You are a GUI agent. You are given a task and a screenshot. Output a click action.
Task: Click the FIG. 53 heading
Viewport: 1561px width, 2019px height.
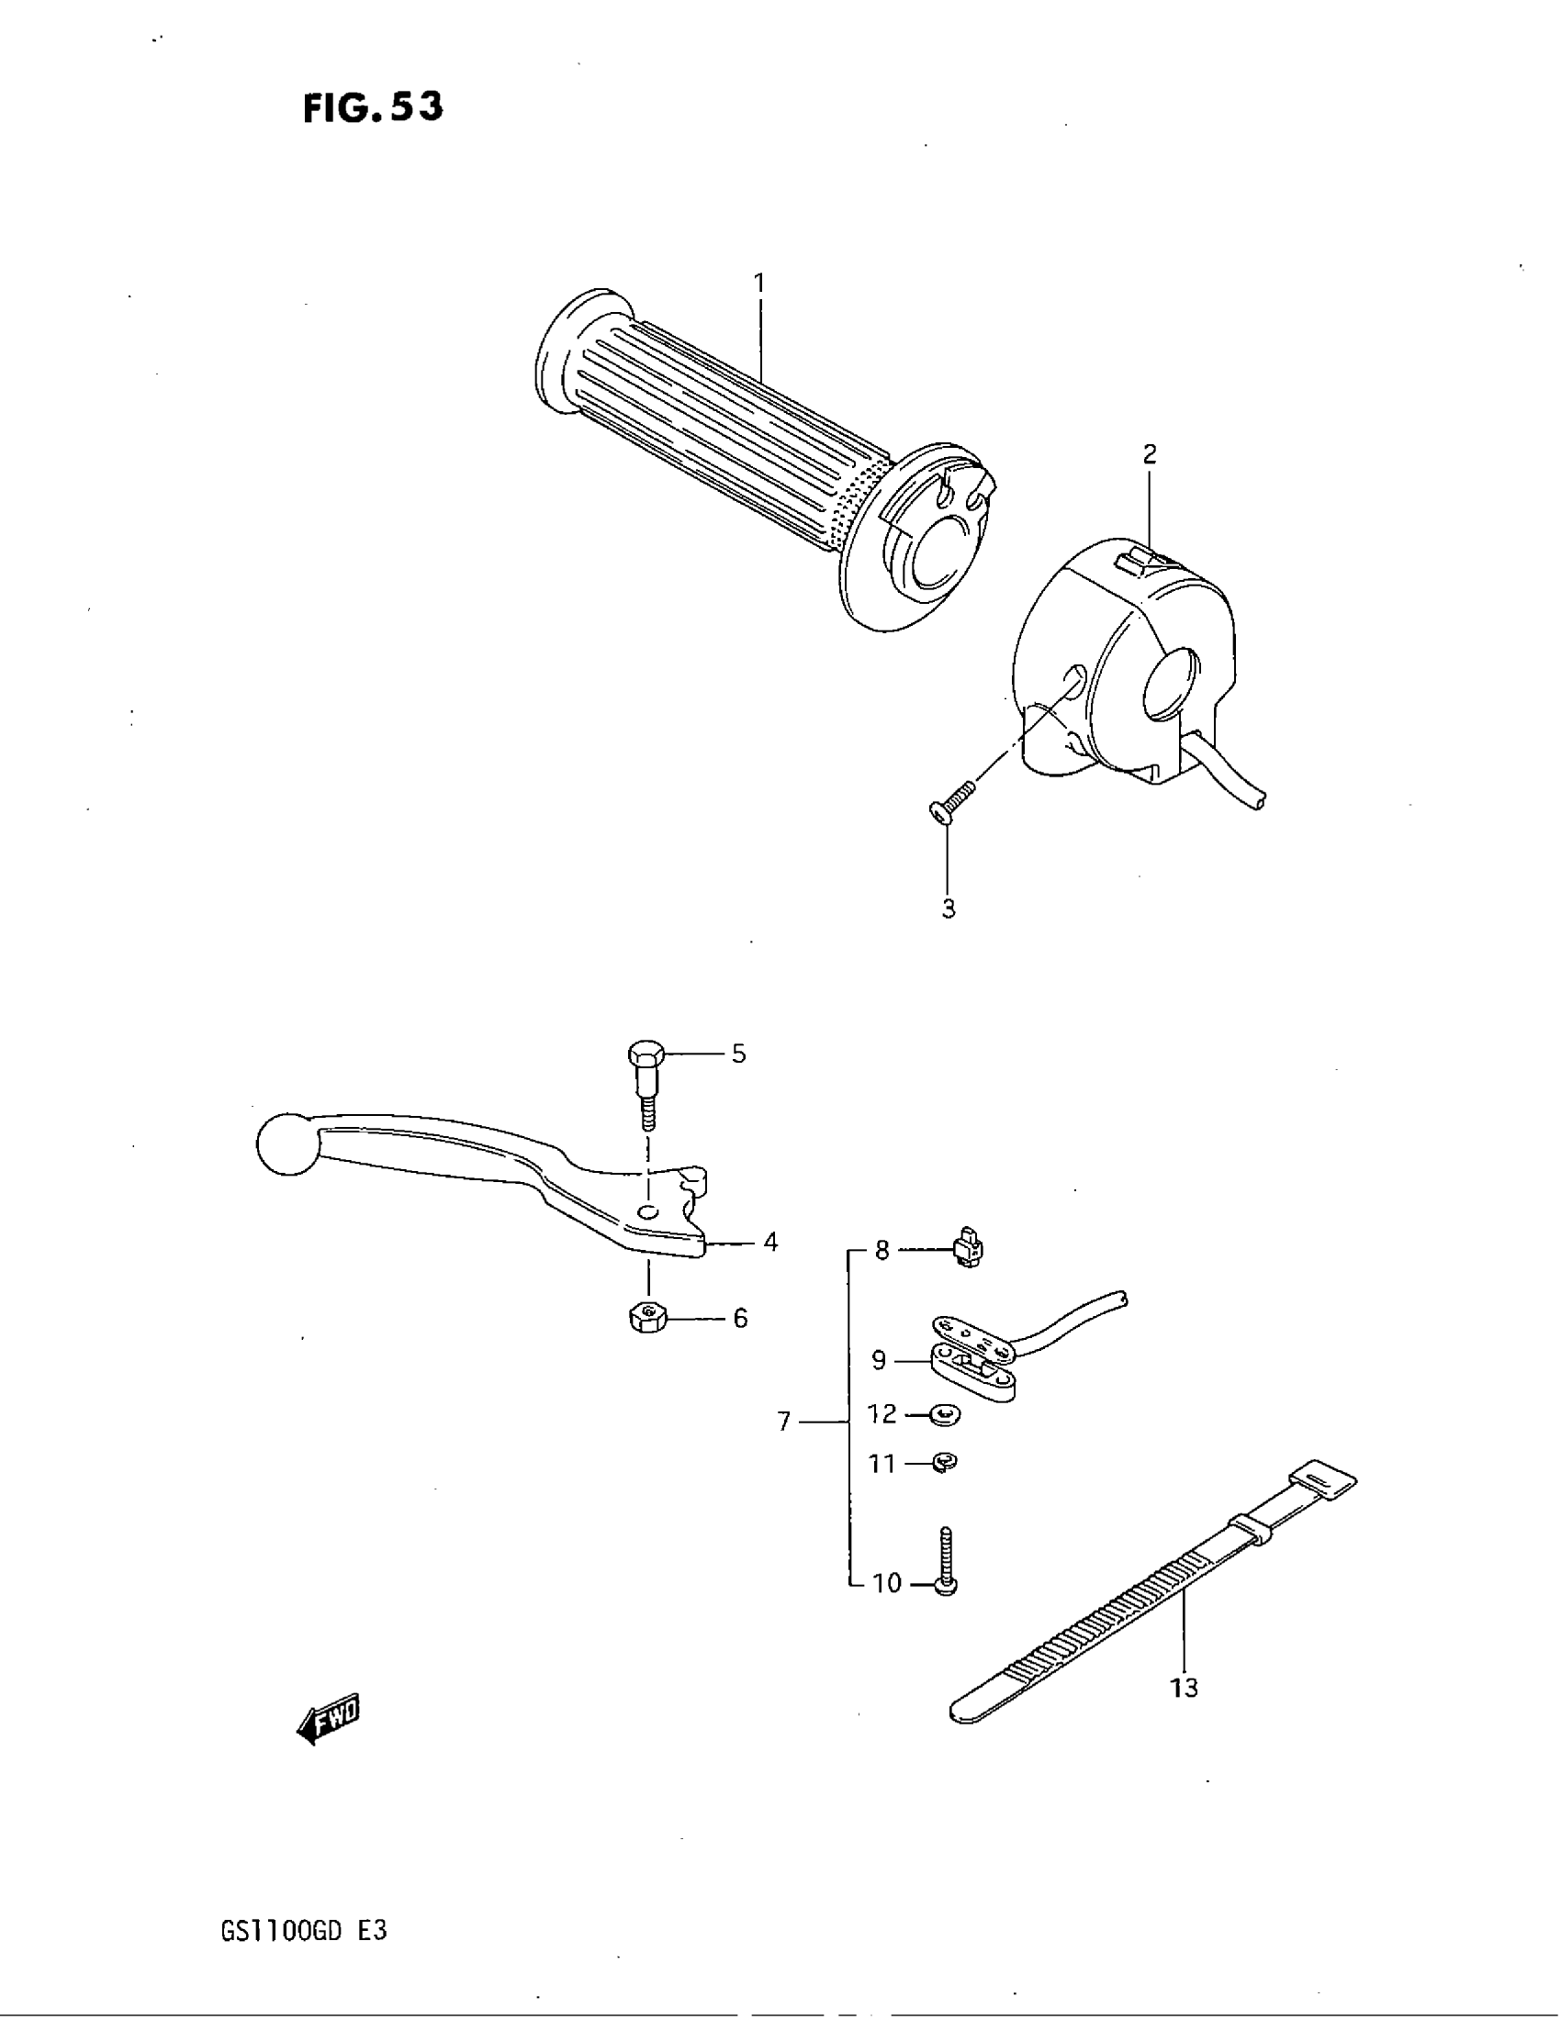click(x=373, y=107)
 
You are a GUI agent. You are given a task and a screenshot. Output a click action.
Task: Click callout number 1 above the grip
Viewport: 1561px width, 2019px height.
click(x=759, y=282)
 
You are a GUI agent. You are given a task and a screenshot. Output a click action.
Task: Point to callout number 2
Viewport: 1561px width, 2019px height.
click(x=1150, y=454)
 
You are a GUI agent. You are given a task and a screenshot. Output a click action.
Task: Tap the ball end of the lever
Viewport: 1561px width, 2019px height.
click(x=286, y=1144)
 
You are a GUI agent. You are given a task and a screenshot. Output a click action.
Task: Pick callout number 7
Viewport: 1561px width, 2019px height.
click(x=783, y=1421)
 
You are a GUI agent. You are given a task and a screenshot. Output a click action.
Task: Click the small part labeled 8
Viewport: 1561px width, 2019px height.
click(x=967, y=1251)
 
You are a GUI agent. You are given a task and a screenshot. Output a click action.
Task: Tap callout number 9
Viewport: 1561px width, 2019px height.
click(x=879, y=1360)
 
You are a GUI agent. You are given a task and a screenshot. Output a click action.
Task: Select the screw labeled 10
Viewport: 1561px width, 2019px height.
click(x=946, y=1568)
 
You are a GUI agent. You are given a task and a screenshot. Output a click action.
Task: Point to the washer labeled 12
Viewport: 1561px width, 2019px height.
click(x=944, y=1414)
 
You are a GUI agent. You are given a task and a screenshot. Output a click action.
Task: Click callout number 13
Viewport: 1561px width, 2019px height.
click(x=1184, y=1688)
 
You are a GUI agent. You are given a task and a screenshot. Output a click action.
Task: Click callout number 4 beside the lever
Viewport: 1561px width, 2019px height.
click(x=770, y=1243)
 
